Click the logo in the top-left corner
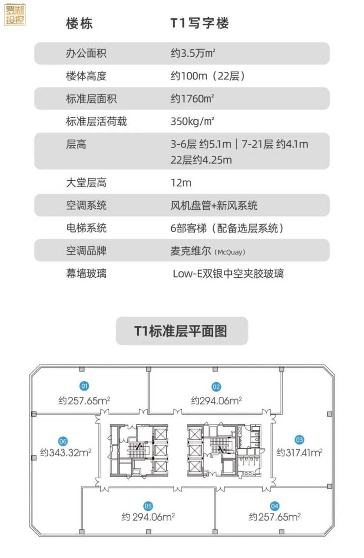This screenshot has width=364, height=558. pyautogui.click(x=15, y=14)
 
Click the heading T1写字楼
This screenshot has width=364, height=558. pyautogui.click(x=200, y=23)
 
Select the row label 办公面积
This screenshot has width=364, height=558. pyautogui.click(x=86, y=53)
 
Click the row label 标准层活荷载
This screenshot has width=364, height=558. pyautogui.click(x=96, y=121)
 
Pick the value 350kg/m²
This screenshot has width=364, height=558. pyautogui.click(x=193, y=121)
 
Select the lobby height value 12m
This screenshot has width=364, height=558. pyautogui.click(x=181, y=183)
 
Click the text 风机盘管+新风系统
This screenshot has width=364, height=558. pyautogui.click(x=214, y=205)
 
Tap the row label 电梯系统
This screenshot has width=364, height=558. pyautogui.click(x=86, y=228)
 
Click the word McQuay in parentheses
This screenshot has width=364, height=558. pyautogui.click(x=230, y=252)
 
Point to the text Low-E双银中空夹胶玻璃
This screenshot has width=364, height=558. pyautogui.click(x=228, y=273)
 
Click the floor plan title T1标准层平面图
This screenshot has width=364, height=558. pyautogui.click(x=182, y=331)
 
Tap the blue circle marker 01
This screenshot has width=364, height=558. pyautogui.click(x=84, y=386)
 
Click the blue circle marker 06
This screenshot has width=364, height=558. pyautogui.click(x=62, y=441)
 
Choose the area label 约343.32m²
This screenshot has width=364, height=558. pyautogui.click(x=66, y=452)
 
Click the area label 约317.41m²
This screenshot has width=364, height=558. pyautogui.click(x=299, y=451)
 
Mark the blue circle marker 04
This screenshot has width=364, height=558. pyautogui.click(x=274, y=505)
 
